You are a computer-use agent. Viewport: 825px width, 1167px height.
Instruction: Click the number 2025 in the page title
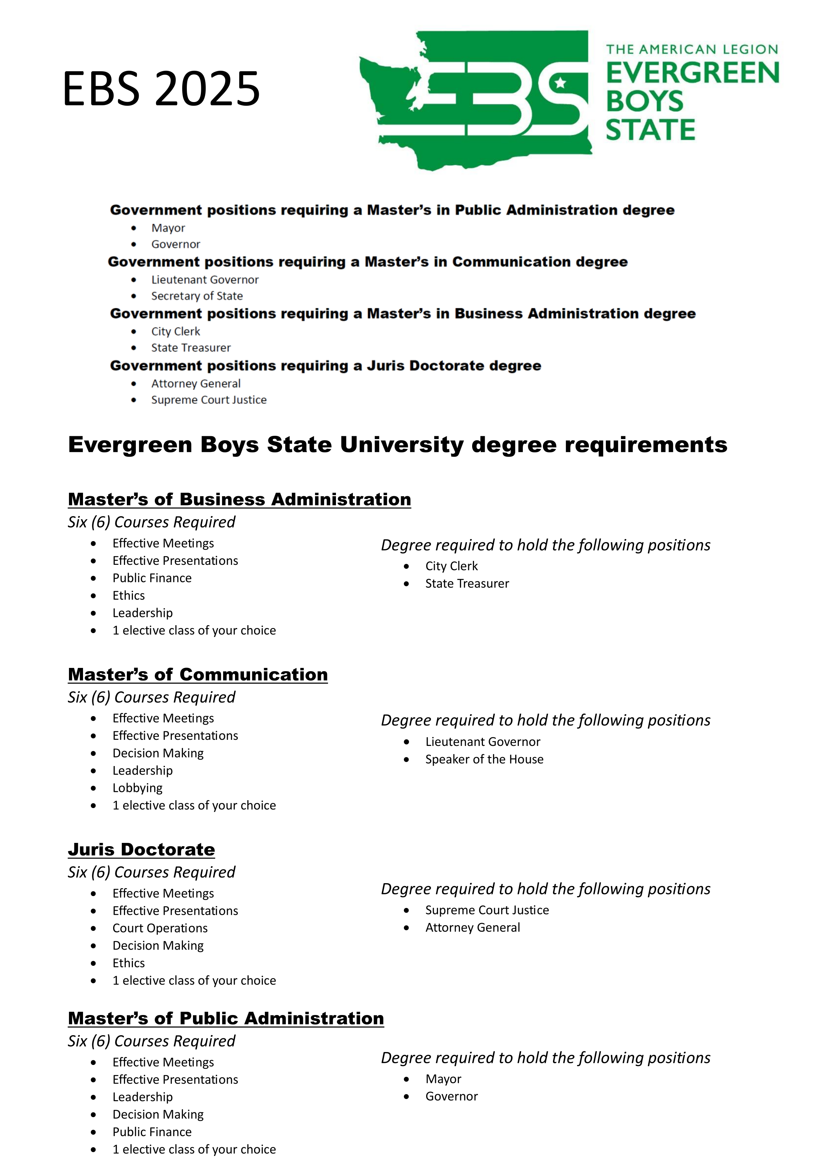(207, 89)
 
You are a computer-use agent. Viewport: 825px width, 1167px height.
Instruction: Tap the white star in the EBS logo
(560, 82)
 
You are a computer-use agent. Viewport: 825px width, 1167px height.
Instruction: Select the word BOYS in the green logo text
(645, 101)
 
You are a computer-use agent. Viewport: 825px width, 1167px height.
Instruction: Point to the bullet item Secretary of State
(197, 296)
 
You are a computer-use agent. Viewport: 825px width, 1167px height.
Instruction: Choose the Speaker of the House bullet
(484, 759)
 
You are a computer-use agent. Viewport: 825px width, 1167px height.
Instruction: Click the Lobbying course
(137, 788)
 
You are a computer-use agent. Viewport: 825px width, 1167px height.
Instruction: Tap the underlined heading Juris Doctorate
(141, 849)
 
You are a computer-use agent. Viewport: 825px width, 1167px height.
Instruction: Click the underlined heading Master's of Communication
(198, 674)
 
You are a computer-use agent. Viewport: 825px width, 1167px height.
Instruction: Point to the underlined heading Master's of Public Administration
(226, 1018)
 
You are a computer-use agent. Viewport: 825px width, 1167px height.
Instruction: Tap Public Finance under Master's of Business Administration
(152, 578)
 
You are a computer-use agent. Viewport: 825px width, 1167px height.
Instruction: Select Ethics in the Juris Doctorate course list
(129, 963)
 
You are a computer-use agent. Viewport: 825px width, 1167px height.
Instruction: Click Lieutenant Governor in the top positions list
(205, 280)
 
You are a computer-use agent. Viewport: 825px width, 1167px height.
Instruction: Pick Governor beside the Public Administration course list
(451, 1096)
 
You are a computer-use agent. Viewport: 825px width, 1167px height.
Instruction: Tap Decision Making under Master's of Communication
(158, 753)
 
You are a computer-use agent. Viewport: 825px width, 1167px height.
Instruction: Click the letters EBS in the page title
(101, 89)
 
